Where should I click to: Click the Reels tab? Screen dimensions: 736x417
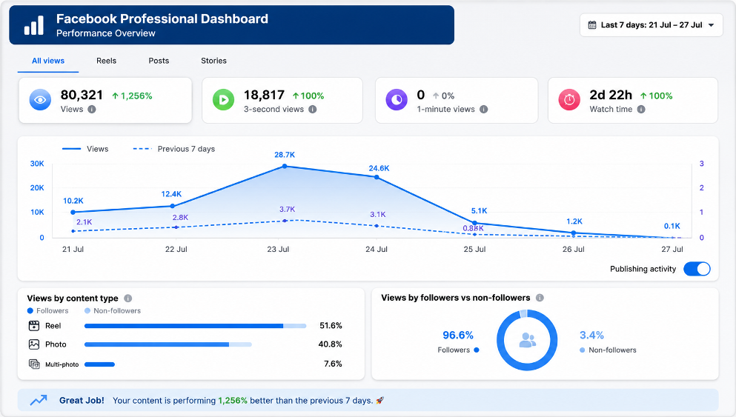tap(106, 61)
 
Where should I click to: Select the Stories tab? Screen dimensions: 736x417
tap(213, 61)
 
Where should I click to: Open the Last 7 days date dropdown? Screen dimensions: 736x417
tap(651, 25)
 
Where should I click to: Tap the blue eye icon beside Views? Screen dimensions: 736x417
tap(40, 100)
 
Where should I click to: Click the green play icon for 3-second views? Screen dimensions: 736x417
tap(223, 100)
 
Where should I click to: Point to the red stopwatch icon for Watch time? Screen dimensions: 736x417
tap(569, 100)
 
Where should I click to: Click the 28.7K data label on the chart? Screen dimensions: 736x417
tap(285, 155)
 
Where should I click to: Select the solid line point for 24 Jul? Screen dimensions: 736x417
tap(377, 177)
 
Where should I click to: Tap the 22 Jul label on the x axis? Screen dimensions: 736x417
tap(176, 249)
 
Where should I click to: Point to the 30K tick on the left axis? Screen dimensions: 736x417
tap(37, 164)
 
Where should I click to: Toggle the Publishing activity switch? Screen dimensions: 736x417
tap(697, 269)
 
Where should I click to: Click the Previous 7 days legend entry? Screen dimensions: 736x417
tap(174, 149)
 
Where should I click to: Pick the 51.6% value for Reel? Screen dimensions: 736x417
tap(331, 326)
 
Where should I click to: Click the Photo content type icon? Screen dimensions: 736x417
tap(34, 344)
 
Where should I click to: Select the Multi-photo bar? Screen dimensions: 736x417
tap(99, 364)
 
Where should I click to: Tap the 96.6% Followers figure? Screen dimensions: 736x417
tap(458, 335)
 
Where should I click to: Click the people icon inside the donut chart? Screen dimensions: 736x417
tap(527, 340)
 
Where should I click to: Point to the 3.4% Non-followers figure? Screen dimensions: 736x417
tap(591, 335)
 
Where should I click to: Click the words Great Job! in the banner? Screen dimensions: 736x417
tap(82, 401)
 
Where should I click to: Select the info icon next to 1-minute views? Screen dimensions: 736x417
tap(483, 110)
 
